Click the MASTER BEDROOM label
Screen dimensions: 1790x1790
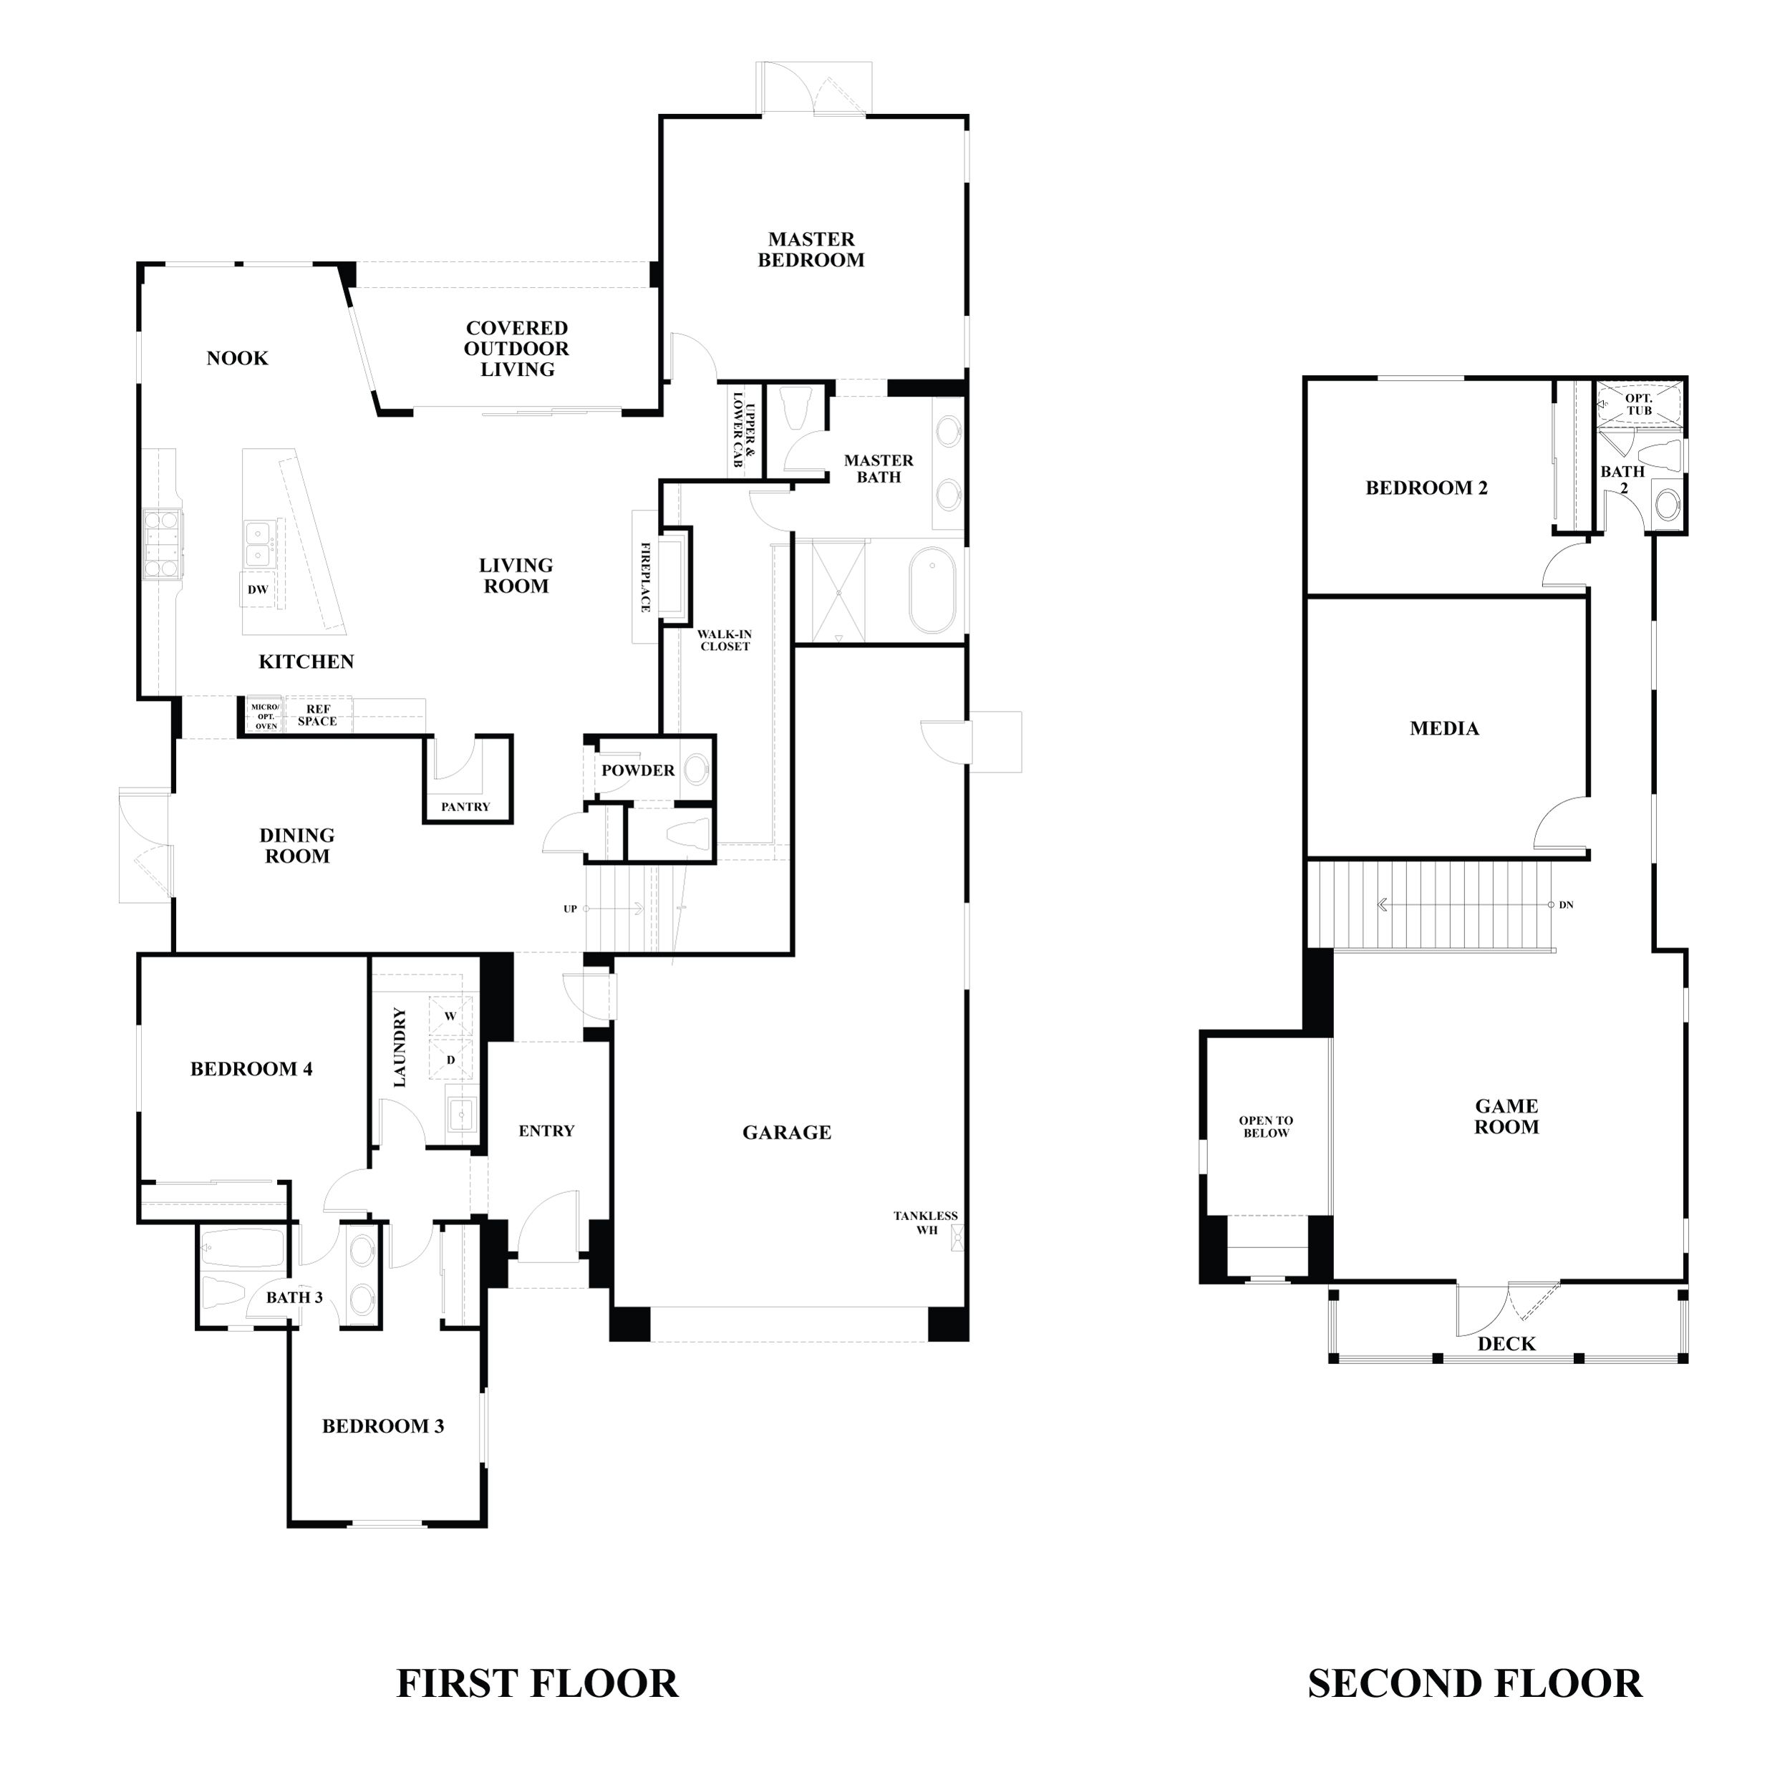(x=811, y=250)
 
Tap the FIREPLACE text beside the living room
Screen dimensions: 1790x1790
(x=646, y=577)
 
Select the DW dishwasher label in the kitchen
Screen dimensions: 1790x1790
(x=258, y=590)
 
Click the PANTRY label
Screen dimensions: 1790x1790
(x=465, y=807)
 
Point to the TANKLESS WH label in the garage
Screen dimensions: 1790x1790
(x=926, y=1223)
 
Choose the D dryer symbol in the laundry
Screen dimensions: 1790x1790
(x=451, y=1060)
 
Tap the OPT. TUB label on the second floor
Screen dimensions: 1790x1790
(x=1639, y=404)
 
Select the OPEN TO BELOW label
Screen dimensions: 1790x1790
(x=1266, y=1126)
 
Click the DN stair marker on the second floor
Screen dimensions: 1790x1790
(x=1566, y=905)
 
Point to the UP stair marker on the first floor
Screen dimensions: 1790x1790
(x=571, y=909)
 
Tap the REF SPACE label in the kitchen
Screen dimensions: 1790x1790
(x=317, y=715)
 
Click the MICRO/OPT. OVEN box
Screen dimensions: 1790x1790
(x=265, y=716)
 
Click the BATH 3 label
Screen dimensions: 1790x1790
(x=294, y=1298)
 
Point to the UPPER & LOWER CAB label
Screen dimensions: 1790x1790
(x=744, y=429)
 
